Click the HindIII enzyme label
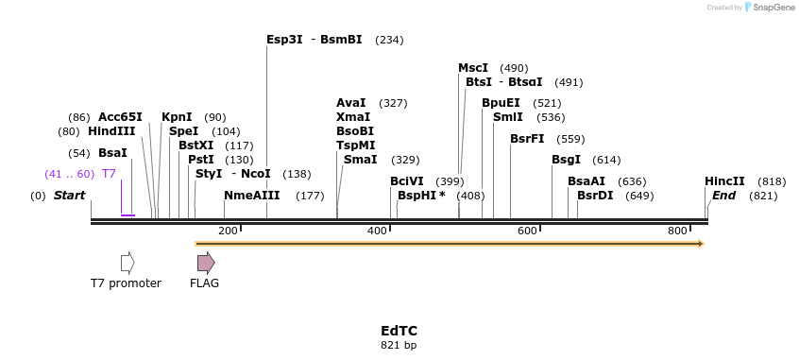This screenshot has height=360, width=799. (111, 131)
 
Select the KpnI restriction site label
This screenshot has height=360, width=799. (177, 117)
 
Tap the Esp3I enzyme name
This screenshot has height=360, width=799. (284, 40)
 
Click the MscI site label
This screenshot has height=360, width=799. (473, 68)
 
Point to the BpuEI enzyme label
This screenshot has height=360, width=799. (501, 103)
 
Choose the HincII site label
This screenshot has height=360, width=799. (724, 181)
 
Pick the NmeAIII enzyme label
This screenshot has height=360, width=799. (252, 196)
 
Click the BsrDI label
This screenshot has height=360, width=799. (595, 196)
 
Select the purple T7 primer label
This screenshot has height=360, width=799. (109, 174)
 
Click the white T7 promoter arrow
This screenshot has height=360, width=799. (127, 263)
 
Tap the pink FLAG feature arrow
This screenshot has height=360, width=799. (206, 263)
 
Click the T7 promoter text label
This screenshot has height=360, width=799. (126, 283)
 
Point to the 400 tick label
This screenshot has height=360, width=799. (377, 231)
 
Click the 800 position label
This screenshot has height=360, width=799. (677, 231)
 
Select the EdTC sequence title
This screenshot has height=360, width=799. (399, 331)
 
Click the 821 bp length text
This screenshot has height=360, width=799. (399, 346)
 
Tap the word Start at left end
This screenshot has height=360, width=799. (69, 196)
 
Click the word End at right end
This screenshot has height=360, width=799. (724, 196)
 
